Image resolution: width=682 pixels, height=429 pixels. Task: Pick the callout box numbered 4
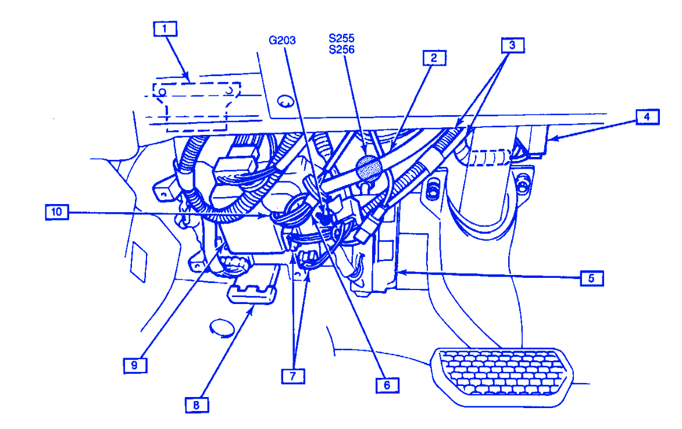[646, 117]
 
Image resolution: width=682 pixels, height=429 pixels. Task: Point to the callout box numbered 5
[591, 278]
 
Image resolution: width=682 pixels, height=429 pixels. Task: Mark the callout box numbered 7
[292, 376]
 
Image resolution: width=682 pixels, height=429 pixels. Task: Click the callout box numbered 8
[196, 405]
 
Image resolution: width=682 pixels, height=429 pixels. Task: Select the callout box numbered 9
[134, 364]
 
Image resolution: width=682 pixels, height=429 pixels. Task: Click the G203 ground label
[282, 40]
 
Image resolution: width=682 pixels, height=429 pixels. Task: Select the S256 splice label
[341, 50]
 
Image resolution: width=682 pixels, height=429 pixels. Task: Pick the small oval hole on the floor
[220, 328]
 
